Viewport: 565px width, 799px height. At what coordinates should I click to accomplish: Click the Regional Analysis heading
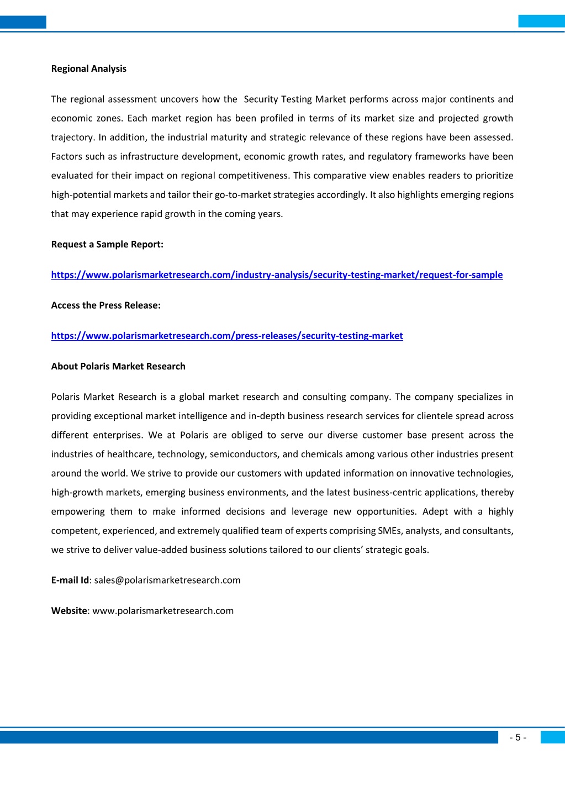click(88, 68)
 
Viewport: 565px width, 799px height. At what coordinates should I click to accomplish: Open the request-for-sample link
click(277, 274)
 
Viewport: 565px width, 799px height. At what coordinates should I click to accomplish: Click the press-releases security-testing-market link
click(227, 335)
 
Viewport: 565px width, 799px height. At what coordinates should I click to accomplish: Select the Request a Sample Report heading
click(107, 244)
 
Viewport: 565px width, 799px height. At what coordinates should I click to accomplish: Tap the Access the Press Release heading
click(106, 305)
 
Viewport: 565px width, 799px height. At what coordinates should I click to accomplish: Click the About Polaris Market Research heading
click(118, 366)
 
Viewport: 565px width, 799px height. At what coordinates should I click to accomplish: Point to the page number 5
click(518, 737)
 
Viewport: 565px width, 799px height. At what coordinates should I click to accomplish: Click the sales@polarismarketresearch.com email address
click(167, 580)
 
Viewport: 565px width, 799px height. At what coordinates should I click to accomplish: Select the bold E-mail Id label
click(70, 580)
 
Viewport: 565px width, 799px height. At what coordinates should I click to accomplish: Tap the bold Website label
click(69, 610)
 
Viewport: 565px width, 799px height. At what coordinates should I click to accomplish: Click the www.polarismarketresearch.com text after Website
click(163, 610)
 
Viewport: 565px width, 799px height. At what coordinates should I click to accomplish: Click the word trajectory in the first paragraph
click(72, 137)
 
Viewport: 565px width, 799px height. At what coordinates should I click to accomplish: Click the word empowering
click(78, 511)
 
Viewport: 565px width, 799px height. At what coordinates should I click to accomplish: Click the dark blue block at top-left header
click(23, 22)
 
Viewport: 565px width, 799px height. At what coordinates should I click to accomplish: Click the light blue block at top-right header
click(541, 21)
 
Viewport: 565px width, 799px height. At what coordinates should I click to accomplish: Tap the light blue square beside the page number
click(552, 737)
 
